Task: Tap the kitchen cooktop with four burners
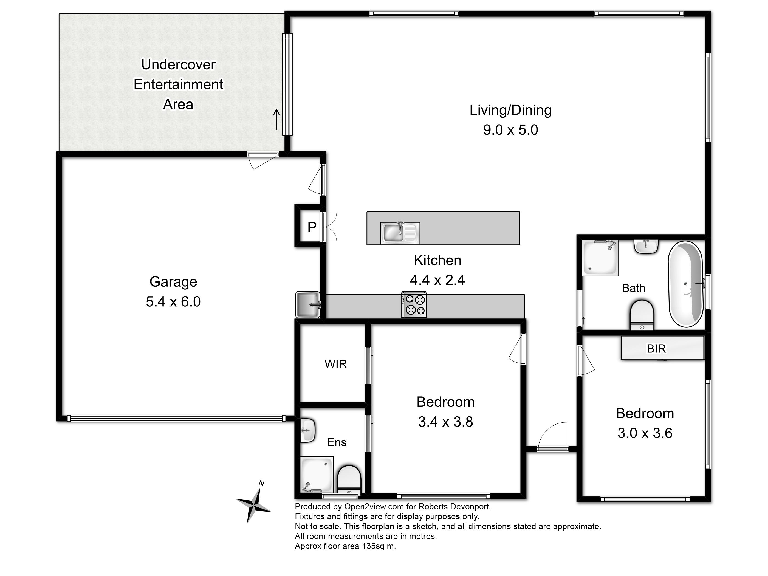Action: [414, 304]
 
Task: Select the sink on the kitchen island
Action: [400, 233]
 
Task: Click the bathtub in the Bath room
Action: [685, 284]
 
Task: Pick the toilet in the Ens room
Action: [349, 479]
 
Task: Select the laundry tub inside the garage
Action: [308, 304]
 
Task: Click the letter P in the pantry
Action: [312, 227]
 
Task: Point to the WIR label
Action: [335, 364]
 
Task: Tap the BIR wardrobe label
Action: [656, 348]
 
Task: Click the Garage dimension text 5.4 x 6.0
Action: [173, 301]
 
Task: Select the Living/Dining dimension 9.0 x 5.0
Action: [510, 130]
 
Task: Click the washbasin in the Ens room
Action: [308, 431]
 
